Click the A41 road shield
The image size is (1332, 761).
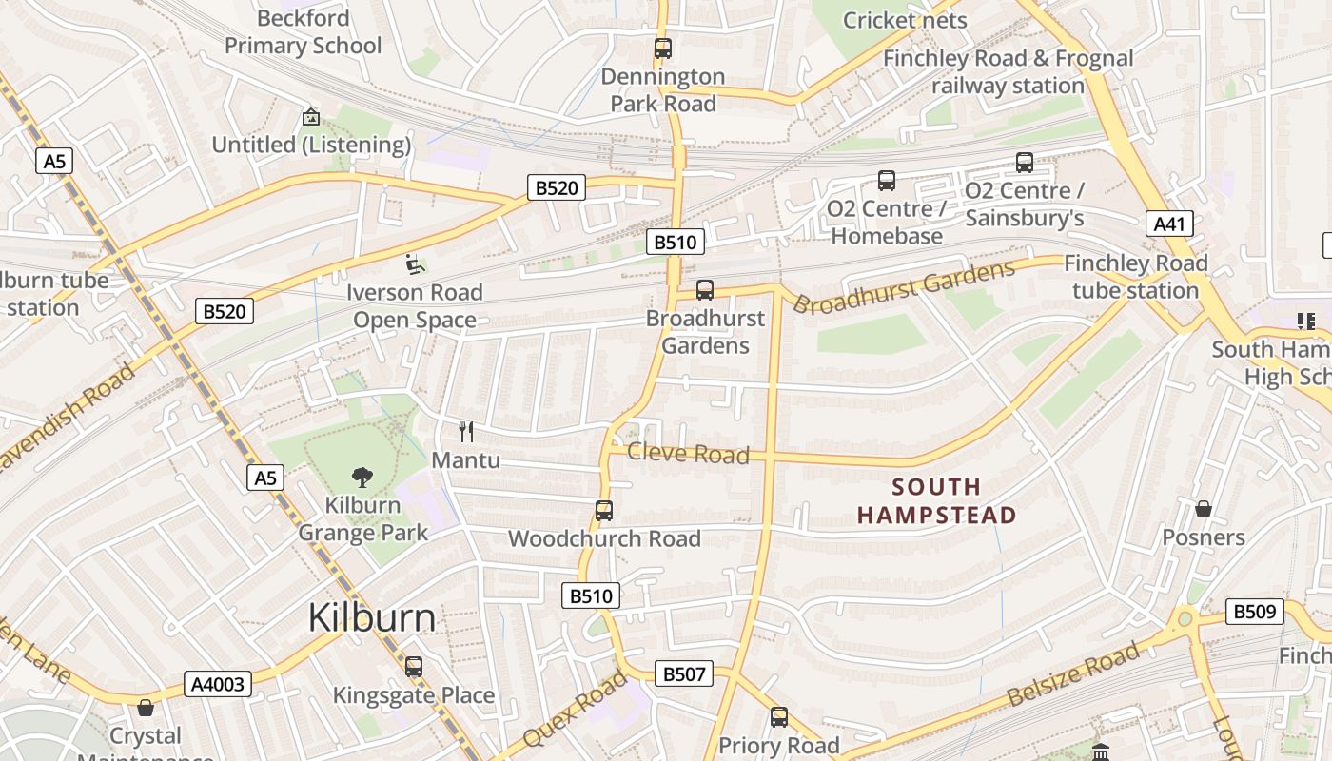(1168, 224)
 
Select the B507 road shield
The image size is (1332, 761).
(683, 674)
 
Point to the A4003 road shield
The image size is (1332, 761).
(218, 684)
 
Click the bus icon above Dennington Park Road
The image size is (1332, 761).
(663, 48)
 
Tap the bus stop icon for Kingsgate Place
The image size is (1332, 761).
(413, 667)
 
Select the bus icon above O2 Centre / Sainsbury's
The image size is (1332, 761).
(1024, 162)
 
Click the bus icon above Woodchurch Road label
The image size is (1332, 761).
(603, 511)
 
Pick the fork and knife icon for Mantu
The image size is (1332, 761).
(466, 432)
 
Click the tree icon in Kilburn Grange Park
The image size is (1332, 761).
(362, 477)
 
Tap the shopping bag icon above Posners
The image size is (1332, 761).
(1203, 509)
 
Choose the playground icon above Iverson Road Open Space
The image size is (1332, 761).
(414, 263)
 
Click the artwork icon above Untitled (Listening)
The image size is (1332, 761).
(310, 117)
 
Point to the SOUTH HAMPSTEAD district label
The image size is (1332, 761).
(936, 501)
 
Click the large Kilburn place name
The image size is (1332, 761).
(372, 618)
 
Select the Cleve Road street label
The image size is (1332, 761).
(688, 454)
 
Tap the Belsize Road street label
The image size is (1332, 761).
(1072, 675)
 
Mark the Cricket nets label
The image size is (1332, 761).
(904, 20)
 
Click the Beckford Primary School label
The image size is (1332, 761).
(304, 31)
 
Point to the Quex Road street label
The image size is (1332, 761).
(576, 708)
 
